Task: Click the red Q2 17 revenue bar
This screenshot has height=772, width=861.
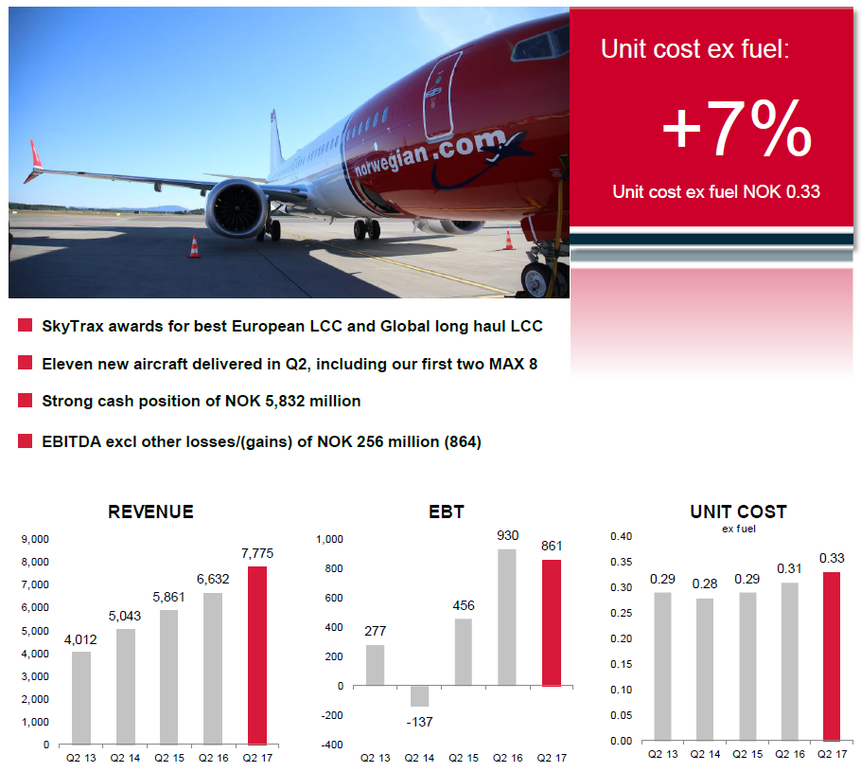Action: point(257,655)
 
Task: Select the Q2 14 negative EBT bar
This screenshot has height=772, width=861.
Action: point(419,696)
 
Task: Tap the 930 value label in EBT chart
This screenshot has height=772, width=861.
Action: point(507,535)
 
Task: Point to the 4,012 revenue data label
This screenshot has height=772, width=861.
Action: point(80,639)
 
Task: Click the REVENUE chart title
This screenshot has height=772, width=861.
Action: point(151,512)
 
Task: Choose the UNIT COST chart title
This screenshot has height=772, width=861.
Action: point(739,512)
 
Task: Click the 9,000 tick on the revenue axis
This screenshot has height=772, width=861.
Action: point(35,539)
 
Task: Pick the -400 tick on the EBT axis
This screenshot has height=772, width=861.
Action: point(333,745)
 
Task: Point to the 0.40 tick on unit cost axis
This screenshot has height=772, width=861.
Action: point(621,536)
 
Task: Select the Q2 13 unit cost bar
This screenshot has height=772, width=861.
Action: point(662,667)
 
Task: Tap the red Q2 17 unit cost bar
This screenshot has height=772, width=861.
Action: point(832,656)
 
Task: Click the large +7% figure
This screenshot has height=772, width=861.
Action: point(737,130)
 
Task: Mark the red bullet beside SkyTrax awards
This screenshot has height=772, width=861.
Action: point(25,325)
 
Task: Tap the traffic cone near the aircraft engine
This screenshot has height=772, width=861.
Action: point(194,246)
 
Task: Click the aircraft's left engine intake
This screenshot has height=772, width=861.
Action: point(237,210)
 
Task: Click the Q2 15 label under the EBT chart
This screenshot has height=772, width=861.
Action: point(464,758)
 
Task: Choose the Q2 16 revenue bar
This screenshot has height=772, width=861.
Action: point(213,669)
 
